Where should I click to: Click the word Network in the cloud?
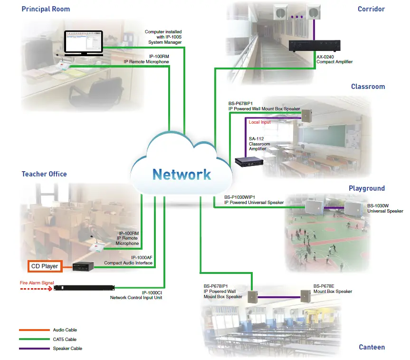click(182, 174)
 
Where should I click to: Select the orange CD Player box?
click(44, 266)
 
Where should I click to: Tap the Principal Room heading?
click(46, 9)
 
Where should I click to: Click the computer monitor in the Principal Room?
click(83, 43)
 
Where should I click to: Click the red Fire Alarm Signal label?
click(37, 282)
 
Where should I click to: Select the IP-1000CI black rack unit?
click(85, 288)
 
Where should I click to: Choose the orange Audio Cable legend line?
click(34, 330)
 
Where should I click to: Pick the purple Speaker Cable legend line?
click(34, 349)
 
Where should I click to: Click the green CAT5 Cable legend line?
click(34, 340)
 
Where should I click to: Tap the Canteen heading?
click(372, 347)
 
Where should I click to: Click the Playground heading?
click(366, 188)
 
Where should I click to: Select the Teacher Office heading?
click(44, 174)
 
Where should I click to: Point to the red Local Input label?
click(259, 122)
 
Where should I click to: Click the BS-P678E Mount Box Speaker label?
click(333, 289)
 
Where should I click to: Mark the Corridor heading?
click(371, 9)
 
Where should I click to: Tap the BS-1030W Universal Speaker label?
click(385, 208)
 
